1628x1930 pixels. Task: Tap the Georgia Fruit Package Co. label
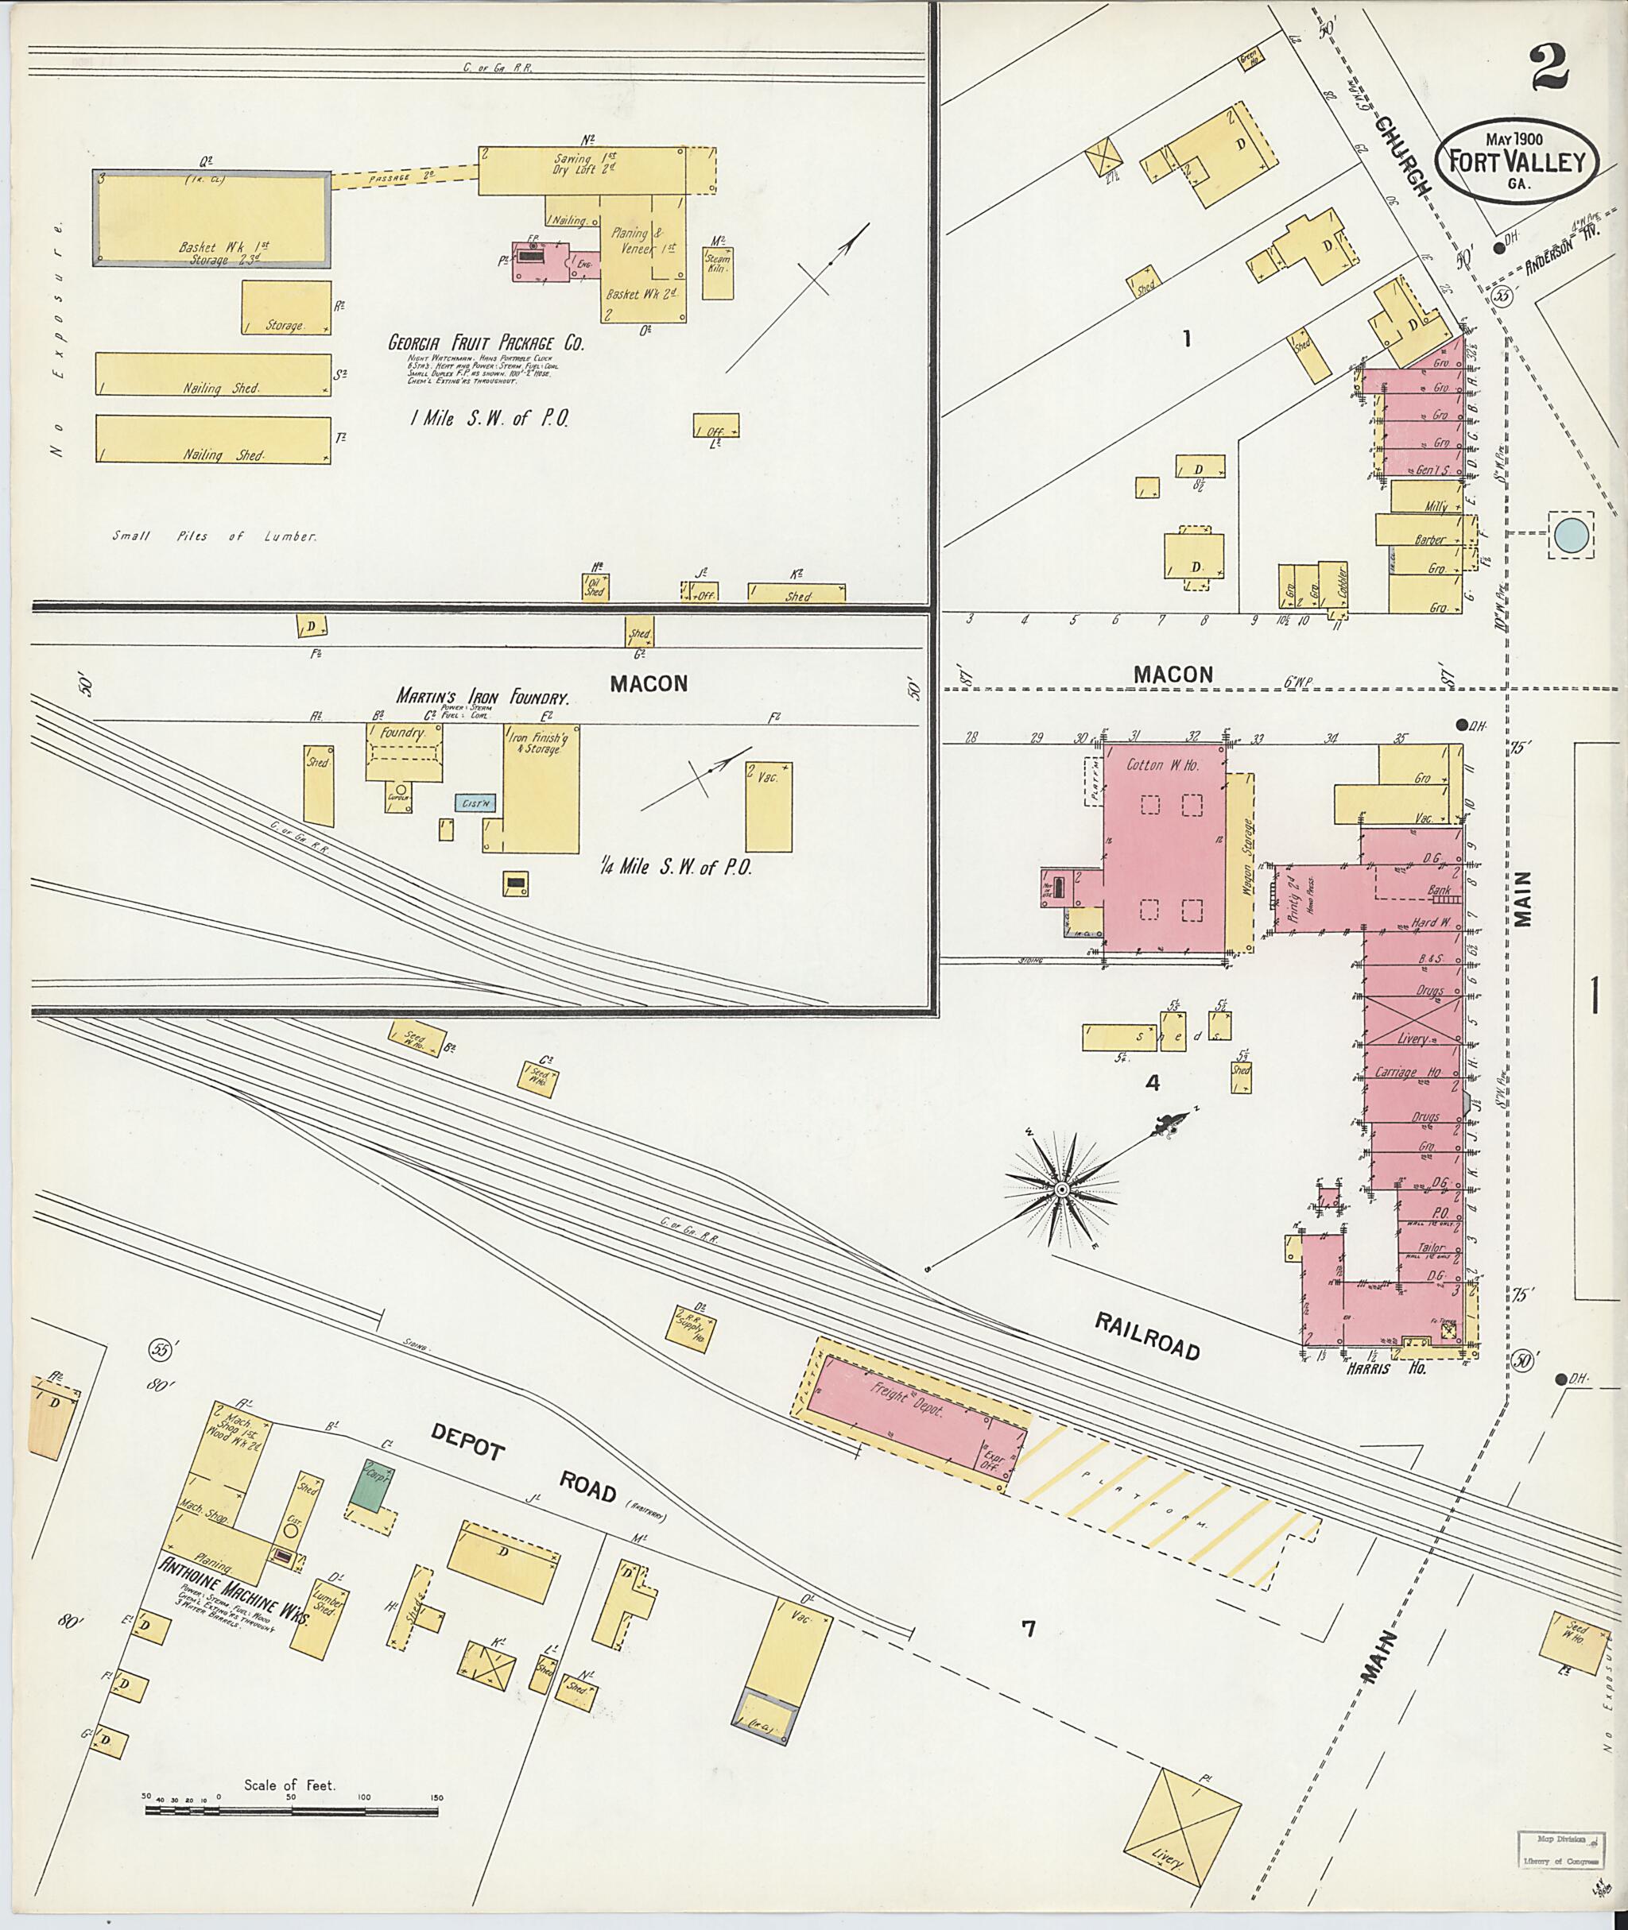point(486,343)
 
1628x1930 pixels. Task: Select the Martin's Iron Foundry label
point(482,697)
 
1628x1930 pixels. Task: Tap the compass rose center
point(1061,1189)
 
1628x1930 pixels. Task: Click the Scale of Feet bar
point(291,1811)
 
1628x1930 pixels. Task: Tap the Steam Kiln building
point(717,268)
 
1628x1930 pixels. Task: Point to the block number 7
point(1027,1629)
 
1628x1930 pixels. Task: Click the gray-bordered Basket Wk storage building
point(211,219)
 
